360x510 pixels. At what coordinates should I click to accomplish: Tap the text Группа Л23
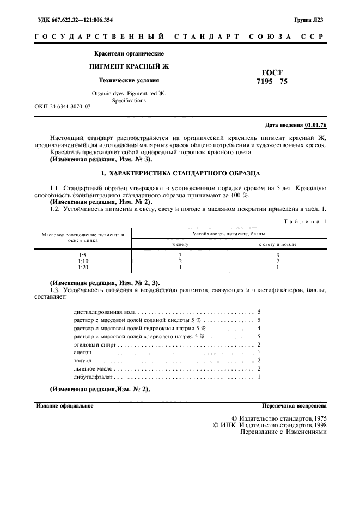click(x=310, y=20)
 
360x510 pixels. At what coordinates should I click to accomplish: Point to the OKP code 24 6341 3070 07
click(x=63, y=107)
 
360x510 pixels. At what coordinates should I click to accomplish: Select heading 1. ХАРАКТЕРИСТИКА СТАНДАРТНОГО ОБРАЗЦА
click(x=180, y=173)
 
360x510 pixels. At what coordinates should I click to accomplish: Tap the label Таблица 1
click(x=307, y=221)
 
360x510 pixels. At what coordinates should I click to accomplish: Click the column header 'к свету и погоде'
click(x=277, y=244)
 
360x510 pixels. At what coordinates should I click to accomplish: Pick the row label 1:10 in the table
click(x=83, y=261)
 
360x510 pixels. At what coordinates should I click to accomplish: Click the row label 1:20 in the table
click(x=83, y=267)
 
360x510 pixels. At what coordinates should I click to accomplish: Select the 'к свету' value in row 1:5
click(x=180, y=254)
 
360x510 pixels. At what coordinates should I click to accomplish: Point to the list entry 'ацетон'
click(x=82, y=353)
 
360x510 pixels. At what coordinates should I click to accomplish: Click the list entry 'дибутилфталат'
click(x=93, y=377)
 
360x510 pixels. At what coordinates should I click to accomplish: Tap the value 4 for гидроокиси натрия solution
click(x=259, y=329)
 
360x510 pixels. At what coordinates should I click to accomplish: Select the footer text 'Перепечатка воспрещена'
click(x=294, y=406)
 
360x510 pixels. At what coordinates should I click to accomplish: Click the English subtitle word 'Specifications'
click(x=129, y=100)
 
